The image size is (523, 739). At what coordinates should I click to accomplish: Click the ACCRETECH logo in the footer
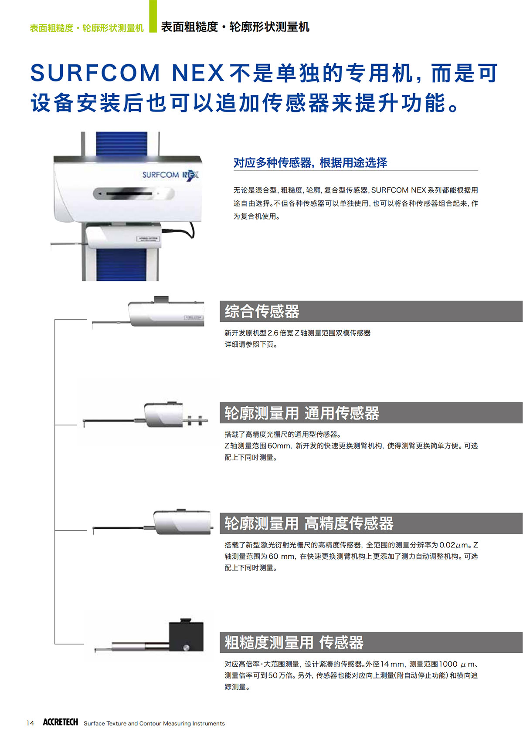point(61,722)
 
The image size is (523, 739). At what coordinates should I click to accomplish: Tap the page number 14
point(30,723)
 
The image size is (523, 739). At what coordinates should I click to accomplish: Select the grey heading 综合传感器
point(262,311)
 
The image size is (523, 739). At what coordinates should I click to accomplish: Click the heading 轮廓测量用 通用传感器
point(302,413)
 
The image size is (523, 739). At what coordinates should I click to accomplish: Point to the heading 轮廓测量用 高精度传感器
point(309,523)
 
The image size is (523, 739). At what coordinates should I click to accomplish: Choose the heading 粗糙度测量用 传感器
point(294,642)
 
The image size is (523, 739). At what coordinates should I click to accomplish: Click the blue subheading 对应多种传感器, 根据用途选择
point(310,162)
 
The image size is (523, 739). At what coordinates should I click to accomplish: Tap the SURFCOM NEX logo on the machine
point(170,175)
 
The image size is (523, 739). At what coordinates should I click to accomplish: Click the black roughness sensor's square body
point(186,636)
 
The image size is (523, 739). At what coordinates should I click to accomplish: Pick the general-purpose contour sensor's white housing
point(163,415)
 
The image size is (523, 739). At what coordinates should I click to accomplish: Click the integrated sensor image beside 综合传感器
point(148,312)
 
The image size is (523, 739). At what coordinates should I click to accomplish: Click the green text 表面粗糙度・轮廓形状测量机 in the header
point(87,28)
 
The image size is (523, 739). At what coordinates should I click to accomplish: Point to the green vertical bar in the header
point(153,16)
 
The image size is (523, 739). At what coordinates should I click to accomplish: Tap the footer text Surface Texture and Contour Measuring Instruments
point(154,723)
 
